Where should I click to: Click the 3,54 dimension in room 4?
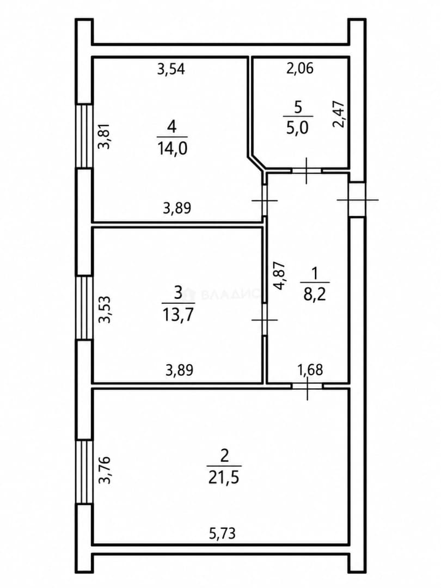tap(171, 69)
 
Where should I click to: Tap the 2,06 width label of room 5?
tap(300, 68)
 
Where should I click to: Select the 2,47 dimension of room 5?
tap(339, 114)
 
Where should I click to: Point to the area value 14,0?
tap(172, 149)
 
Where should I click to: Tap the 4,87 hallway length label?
tap(280, 275)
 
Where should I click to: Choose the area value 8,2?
tap(315, 295)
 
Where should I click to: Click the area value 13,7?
tap(178, 314)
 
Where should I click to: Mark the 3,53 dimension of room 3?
tap(104, 309)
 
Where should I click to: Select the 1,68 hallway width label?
tap(310, 370)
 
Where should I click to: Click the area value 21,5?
tap(224, 478)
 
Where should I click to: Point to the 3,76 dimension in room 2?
tap(104, 470)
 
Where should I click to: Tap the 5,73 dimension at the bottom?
tap(222, 532)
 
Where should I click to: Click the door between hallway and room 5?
tap(307, 171)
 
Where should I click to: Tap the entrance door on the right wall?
tap(357, 199)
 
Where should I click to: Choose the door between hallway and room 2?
tap(307, 386)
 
